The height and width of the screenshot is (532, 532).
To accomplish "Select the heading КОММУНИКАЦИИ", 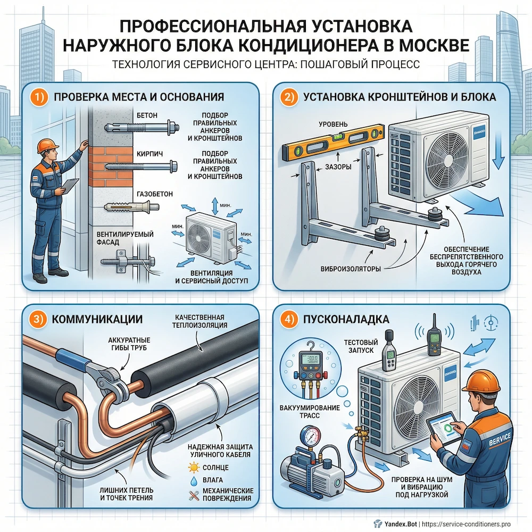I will pyautogui.click(x=97, y=320).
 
